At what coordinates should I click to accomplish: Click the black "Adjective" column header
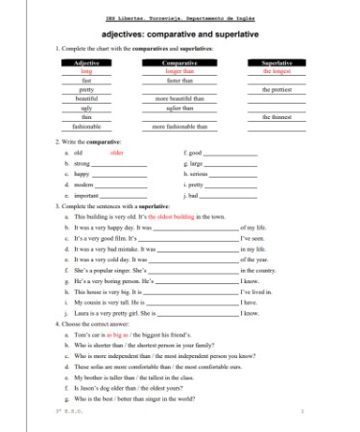tap(86, 62)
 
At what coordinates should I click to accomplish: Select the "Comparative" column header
tap(180, 62)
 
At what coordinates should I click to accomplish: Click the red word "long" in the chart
tap(86, 71)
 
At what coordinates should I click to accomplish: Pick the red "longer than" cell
tap(180, 71)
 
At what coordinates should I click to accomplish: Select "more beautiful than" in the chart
tap(180, 98)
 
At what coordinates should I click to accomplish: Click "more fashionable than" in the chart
tap(180, 126)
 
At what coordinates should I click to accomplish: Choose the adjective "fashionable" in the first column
tap(86, 126)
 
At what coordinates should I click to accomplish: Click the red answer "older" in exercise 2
tap(117, 153)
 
